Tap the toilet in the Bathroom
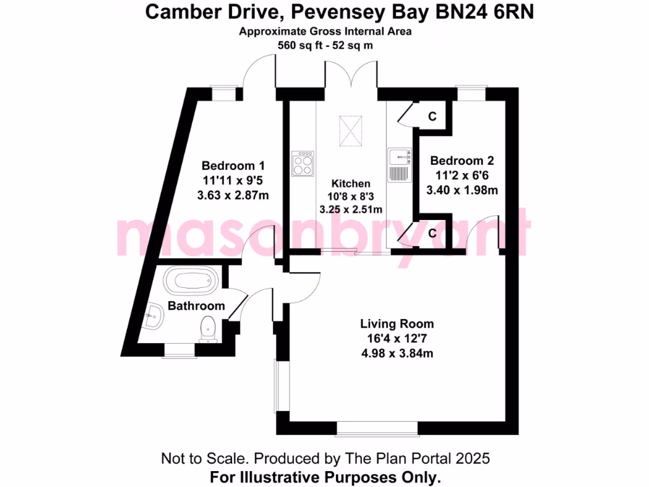[x=208, y=328]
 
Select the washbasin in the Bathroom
[x=153, y=315]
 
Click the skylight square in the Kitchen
[x=350, y=131]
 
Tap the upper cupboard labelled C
[x=432, y=117]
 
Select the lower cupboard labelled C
[x=432, y=233]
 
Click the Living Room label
[x=397, y=324]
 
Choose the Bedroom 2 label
[x=461, y=161]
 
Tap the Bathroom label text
[x=196, y=306]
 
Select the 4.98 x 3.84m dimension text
[x=397, y=353]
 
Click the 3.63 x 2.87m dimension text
[x=233, y=195]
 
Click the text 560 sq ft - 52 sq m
[x=324, y=45]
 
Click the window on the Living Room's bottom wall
[x=377, y=429]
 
